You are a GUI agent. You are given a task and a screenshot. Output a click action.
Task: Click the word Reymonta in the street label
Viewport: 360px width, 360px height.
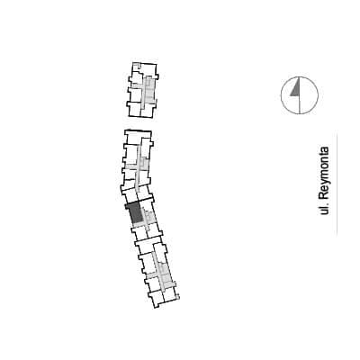324,174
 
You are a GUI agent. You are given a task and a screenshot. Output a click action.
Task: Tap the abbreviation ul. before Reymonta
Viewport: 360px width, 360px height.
324,210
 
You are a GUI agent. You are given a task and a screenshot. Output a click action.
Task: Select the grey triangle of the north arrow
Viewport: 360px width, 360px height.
295,90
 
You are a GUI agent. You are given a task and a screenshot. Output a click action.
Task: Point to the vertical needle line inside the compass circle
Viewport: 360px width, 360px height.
300,95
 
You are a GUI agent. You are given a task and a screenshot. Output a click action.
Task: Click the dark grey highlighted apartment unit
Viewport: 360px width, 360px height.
135,213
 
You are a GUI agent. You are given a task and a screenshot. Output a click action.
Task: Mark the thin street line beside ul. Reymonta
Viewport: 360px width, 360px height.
337,183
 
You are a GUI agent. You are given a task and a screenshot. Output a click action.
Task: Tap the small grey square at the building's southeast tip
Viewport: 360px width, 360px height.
178,298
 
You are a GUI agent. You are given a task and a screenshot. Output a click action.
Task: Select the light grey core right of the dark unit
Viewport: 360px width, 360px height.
149,216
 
